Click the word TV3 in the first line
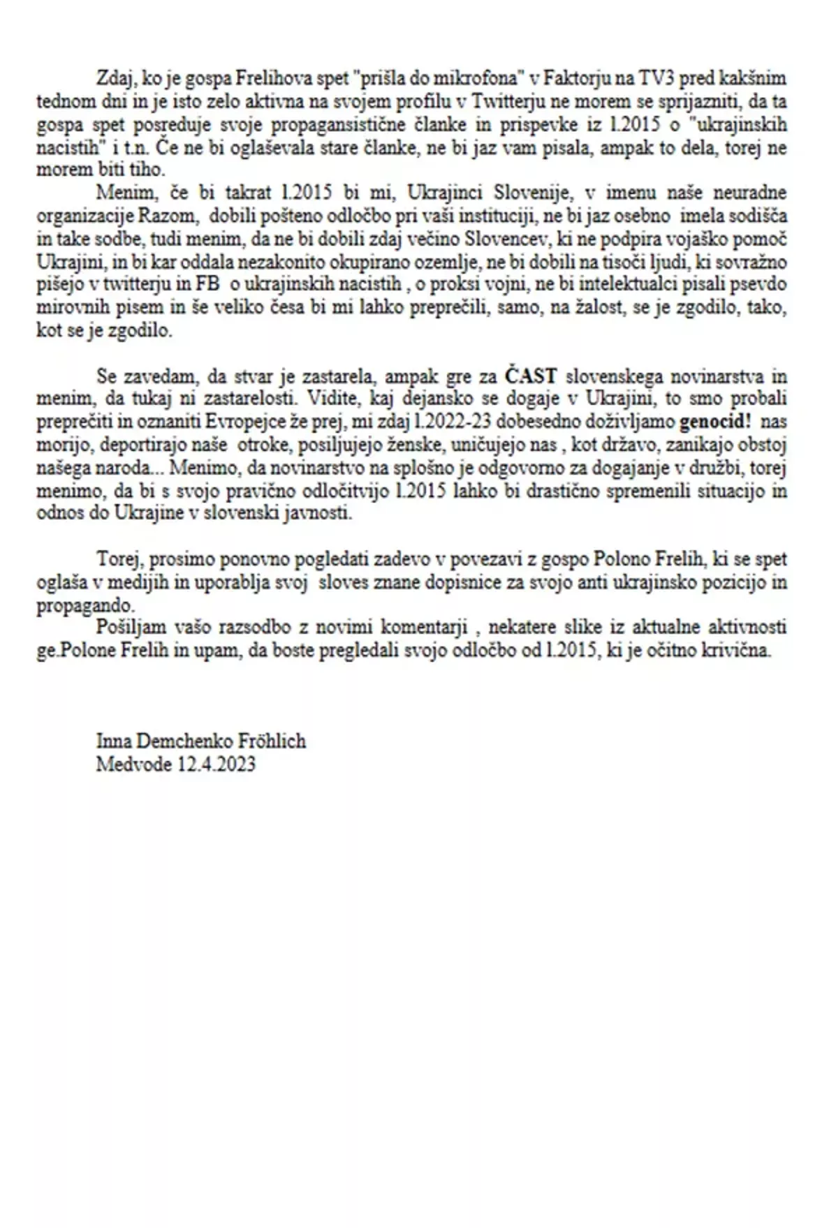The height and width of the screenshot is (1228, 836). click(x=658, y=78)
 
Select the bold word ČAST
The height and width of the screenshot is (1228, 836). click(x=531, y=376)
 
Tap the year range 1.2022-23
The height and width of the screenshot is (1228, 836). click(x=433, y=422)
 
